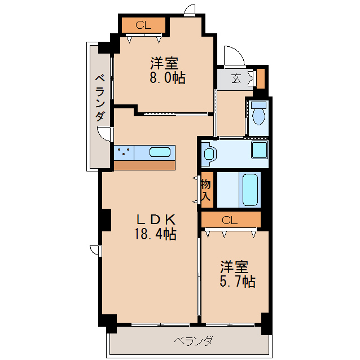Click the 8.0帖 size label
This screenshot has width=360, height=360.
pos(167,78)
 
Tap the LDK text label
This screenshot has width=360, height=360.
pos(155,219)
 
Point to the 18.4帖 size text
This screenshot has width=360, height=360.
pos(155,234)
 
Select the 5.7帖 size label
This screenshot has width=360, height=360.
pos(237,280)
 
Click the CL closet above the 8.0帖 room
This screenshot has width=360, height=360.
pos(143,25)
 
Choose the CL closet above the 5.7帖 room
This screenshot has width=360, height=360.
pos(230,219)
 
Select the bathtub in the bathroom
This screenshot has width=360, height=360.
pos(250,190)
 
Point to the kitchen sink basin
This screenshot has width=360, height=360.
pos(160,152)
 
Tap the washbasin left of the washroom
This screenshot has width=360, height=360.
pos(208,153)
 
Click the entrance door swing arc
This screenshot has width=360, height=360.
pos(232,56)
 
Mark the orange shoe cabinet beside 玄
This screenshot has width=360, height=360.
pos(260,78)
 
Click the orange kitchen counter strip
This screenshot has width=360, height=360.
pos(144,165)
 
